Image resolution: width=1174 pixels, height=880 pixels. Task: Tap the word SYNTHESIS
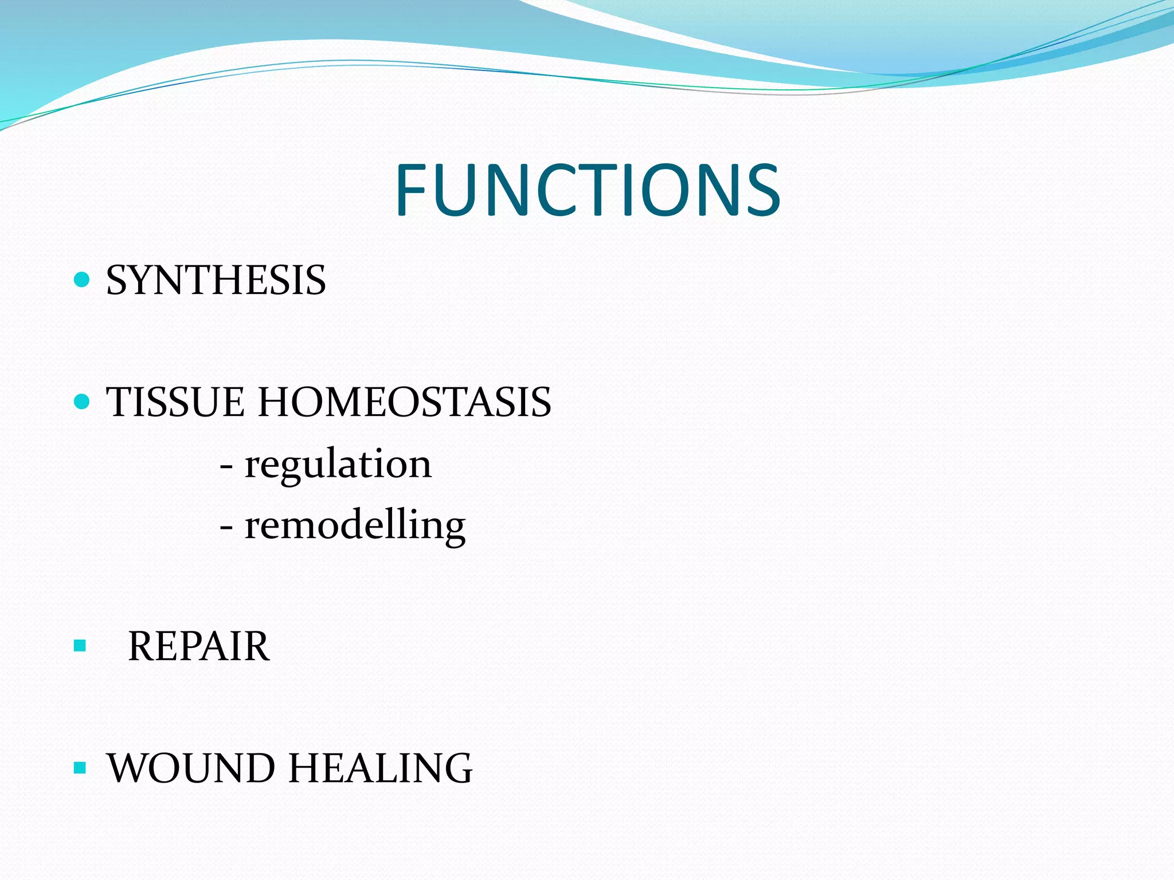tap(216, 281)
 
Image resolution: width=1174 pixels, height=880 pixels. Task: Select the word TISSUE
tap(175, 402)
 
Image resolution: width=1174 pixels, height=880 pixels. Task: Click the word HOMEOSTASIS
tap(405, 402)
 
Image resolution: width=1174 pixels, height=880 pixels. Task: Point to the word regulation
tap(338, 464)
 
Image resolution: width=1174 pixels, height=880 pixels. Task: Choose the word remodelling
tap(355, 525)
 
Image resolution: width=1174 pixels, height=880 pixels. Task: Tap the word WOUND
tap(191, 768)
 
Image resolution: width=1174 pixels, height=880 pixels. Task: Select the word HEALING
tap(380, 768)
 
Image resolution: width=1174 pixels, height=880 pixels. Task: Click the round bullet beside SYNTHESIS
tap(83, 280)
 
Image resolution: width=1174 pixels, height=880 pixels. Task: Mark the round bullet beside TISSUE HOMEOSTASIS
tap(83, 401)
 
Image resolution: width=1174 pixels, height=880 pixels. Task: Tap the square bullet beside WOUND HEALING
tap(80, 768)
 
